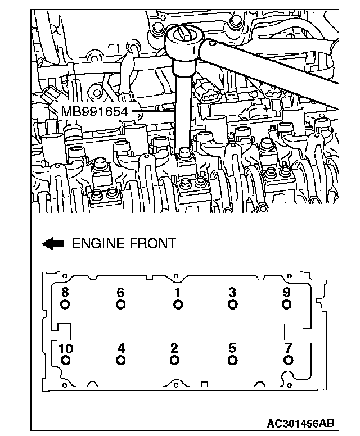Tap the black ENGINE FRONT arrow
coord(53,244)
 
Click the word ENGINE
coord(97,244)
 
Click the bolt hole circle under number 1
coord(178,305)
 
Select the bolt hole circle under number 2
coord(174,360)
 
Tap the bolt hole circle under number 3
coord(232,305)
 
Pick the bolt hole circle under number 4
coord(120,360)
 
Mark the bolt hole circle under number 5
coord(232,360)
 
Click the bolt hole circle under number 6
coord(120,305)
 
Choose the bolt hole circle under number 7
coord(288,360)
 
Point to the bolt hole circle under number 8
coord(65,305)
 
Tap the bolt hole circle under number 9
coord(287,305)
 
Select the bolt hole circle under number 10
coord(65,360)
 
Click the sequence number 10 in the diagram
coord(65,349)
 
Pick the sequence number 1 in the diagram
coord(178,293)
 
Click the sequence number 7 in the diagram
coord(288,348)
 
